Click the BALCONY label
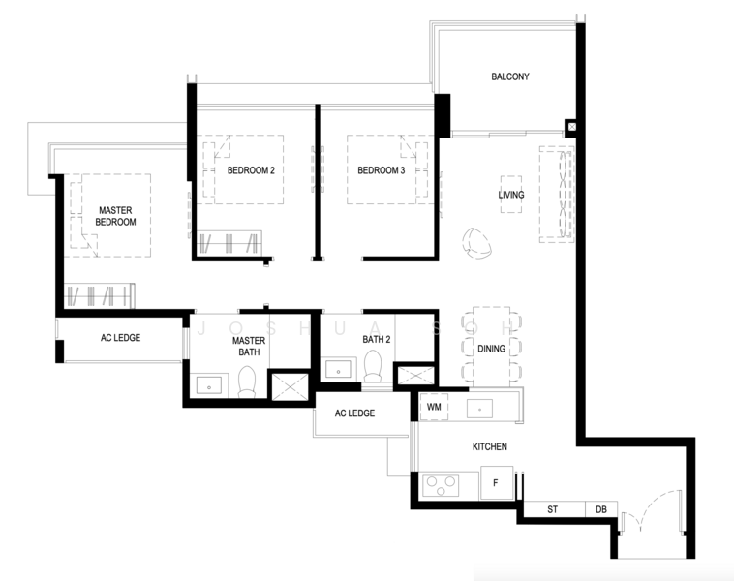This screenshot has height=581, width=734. point(509,76)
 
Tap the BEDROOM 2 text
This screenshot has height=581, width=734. point(251,170)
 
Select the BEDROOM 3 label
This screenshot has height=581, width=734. point(382,170)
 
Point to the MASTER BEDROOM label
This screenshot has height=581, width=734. point(115,216)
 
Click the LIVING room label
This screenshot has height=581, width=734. point(511,195)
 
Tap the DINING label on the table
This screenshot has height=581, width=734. point(491,349)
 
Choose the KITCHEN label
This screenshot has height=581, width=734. point(490,446)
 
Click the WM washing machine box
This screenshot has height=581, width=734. point(434,407)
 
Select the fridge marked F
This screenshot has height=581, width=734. point(497,482)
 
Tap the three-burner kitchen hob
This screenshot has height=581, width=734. point(441,485)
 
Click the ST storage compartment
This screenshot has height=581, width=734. point(554,509)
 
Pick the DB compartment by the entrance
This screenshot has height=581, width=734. point(601,509)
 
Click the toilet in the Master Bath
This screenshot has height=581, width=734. point(247,382)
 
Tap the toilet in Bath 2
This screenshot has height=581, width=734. point(373,366)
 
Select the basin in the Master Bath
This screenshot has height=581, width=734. point(209,386)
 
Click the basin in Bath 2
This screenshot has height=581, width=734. point(339,370)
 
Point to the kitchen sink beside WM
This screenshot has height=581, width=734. point(480,409)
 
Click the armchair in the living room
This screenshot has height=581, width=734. point(476,243)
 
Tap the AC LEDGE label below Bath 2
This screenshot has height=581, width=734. point(354,413)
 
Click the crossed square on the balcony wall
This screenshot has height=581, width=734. point(572,127)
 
